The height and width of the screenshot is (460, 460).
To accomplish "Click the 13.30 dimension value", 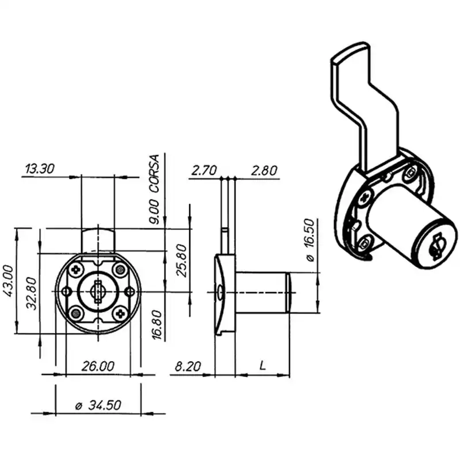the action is coord(40,168).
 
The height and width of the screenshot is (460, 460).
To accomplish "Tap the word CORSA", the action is coord(155,174).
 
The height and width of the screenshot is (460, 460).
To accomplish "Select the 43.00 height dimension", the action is coord(8,281).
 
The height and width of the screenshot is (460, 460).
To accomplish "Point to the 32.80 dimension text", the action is coord(32,294).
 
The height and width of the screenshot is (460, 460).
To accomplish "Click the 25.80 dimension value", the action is coord(182,260).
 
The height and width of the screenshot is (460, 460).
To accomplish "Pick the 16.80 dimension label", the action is coord(158,325).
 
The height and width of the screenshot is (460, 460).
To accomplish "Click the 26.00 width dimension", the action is coord(98,366).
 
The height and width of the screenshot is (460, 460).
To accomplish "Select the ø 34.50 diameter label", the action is coord(98,405).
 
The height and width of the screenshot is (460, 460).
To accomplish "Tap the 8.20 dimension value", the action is coord(188,366).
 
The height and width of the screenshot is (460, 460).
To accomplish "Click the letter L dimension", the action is coord(263,365).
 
